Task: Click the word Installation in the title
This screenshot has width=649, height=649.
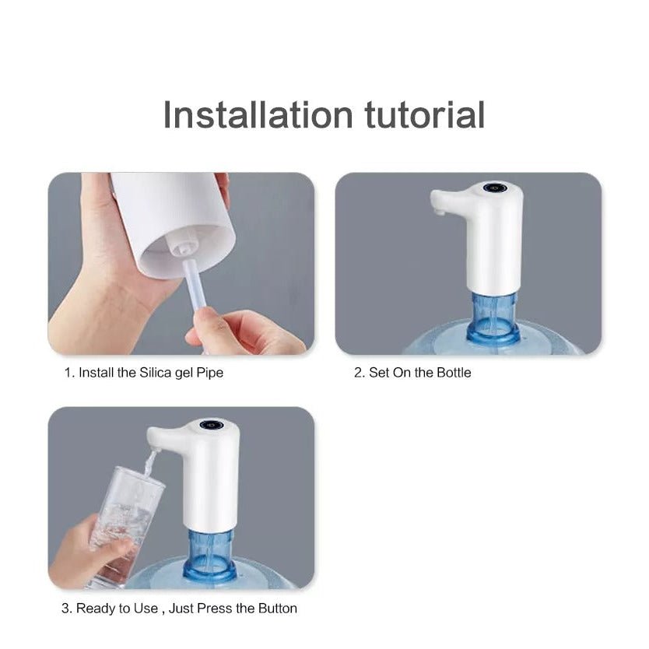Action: click(258, 114)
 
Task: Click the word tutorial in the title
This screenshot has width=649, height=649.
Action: click(425, 114)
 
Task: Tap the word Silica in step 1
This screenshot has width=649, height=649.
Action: click(155, 373)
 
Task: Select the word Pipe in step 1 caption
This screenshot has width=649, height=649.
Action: click(209, 374)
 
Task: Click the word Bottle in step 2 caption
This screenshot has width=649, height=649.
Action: click(454, 373)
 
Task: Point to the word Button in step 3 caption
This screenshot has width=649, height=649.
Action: click(277, 609)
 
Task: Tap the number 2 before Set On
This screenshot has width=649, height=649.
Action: click(359, 373)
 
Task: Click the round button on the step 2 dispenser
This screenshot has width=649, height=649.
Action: click(494, 188)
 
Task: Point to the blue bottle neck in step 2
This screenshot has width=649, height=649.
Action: click(493, 317)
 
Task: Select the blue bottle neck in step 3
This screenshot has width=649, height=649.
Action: click(209, 555)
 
